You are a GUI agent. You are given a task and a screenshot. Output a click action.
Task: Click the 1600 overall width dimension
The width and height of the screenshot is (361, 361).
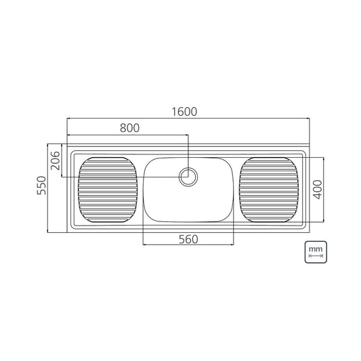[x=184, y=112]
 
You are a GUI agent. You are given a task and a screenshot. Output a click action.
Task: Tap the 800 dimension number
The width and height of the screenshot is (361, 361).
[x=129, y=128]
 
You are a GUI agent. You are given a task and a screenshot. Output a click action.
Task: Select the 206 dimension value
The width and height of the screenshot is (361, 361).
[x=56, y=161]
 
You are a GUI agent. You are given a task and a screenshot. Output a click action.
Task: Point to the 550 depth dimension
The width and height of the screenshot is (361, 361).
[x=41, y=186]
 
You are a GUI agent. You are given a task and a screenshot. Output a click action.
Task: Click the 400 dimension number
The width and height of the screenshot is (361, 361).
[x=318, y=189]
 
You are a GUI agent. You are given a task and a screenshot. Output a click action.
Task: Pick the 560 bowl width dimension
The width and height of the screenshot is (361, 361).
[x=188, y=240]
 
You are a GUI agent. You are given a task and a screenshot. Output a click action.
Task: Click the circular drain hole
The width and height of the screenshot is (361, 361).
[x=188, y=177]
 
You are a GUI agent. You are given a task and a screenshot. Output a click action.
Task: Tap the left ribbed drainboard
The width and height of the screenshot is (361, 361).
[x=108, y=190]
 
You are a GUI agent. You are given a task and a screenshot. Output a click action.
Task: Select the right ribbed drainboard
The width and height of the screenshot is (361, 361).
[x=269, y=190]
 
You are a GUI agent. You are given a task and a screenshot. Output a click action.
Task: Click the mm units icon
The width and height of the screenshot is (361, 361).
[x=316, y=252]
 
